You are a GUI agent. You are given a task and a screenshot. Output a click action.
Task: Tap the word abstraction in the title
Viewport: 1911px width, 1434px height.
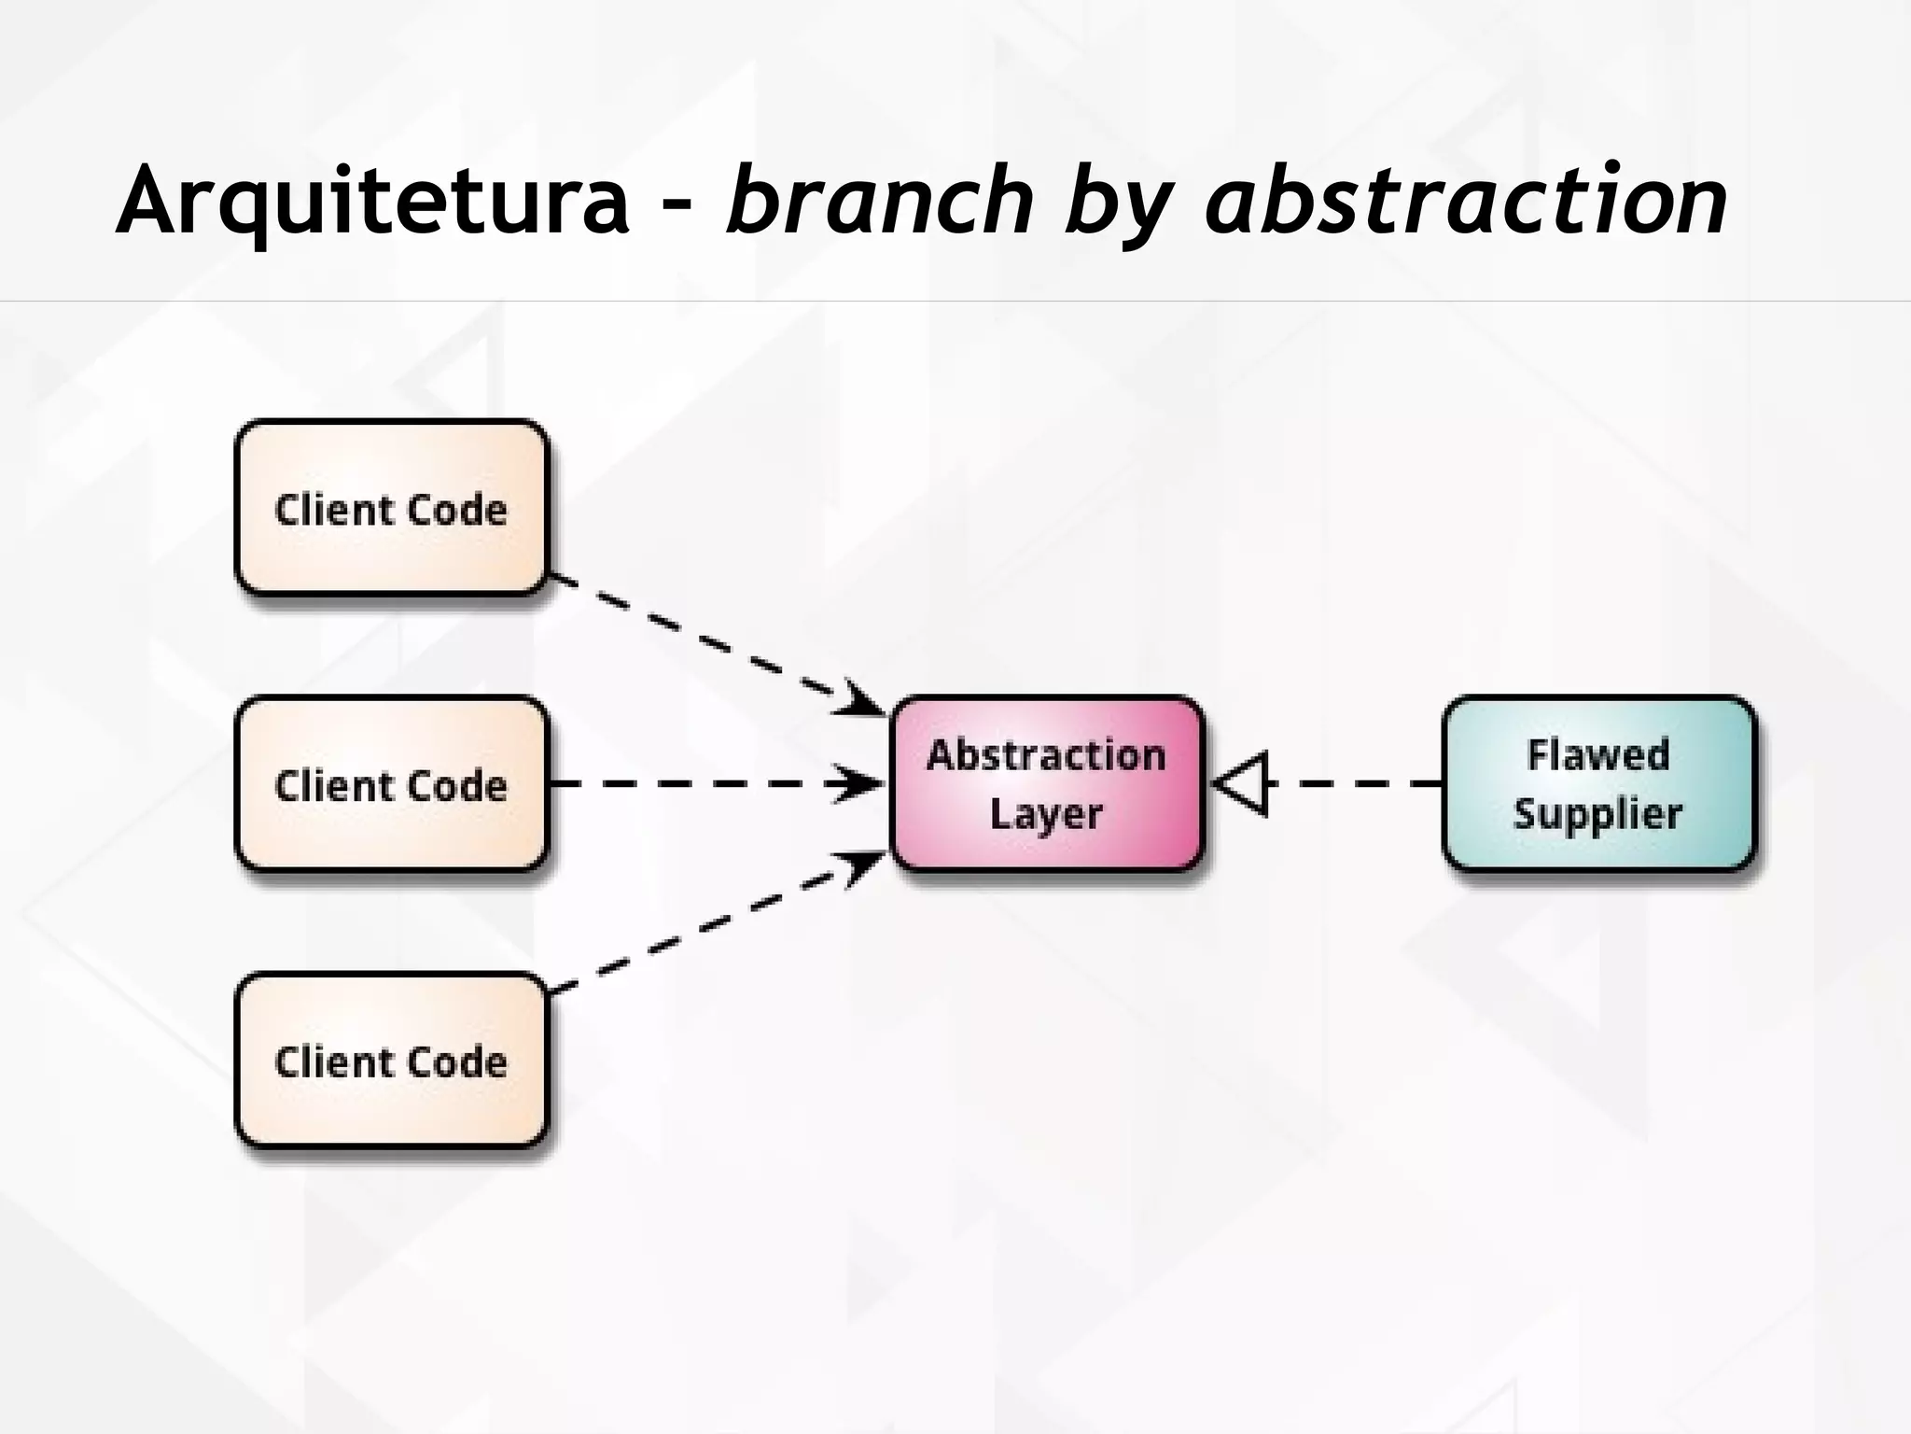[1466, 199]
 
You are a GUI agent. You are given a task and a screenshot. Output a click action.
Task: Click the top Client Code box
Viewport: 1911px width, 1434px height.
[391, 508]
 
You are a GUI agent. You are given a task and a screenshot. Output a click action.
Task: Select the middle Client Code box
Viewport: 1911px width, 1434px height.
[391, 784]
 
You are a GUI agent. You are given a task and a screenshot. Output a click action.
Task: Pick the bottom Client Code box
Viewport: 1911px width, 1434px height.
[391, 1061]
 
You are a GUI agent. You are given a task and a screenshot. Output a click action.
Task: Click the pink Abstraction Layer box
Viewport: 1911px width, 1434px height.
[1047, 784]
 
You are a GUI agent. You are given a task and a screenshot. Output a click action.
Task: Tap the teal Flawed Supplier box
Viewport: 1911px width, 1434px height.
[1598, 784]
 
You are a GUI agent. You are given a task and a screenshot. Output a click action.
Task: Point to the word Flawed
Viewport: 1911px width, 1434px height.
[1597, 754]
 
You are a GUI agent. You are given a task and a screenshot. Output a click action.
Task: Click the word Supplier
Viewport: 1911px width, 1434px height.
[1597, 814]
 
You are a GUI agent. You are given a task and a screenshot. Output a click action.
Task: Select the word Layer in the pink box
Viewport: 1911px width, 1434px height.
[1046, 814]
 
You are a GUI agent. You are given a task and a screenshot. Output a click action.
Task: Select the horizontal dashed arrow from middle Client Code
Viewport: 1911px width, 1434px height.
[709, 784]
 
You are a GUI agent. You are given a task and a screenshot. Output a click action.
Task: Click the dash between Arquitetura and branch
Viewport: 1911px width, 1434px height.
[678, 207]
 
